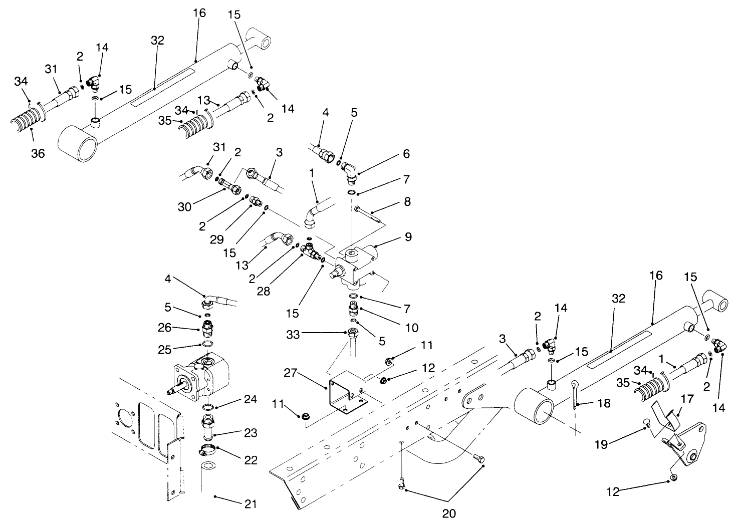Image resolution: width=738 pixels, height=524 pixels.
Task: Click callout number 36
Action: (38, 153)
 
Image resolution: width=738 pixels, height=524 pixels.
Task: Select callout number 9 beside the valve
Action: (408, 236)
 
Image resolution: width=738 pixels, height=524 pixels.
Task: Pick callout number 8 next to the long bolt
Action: (407, 201)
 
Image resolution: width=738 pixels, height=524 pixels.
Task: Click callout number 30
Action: (184, 206)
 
